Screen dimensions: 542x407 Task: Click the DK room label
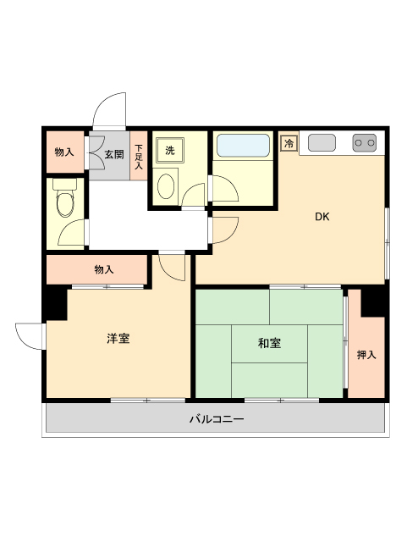322,217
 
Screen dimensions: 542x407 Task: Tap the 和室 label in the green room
270,343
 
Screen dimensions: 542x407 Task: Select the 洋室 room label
118,339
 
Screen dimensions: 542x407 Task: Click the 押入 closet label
366,354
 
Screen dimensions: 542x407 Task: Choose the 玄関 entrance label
114,154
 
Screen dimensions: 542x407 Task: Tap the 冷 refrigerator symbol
289,144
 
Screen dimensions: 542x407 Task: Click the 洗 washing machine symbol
169,151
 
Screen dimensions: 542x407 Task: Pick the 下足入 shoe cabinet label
139,155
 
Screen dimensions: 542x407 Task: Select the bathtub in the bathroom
243,146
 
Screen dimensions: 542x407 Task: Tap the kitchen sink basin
322,143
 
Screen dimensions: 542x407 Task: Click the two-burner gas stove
365,143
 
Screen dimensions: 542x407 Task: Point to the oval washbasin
168,185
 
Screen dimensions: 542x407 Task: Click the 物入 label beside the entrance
63,152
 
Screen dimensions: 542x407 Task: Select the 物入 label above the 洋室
103,269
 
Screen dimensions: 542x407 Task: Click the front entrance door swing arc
107,108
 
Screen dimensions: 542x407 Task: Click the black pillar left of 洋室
55,302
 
